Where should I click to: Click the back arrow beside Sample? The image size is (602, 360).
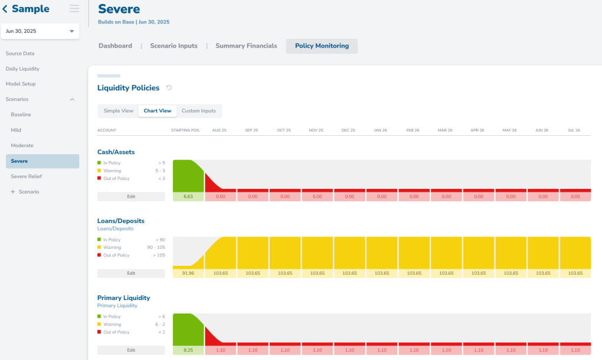pyautogui.click(x=5, y=9)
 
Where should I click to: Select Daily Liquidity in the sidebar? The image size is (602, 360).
pyautogui.click(x=22, y=69)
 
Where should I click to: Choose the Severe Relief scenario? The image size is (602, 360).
pyautogui.click(x=26, y=176)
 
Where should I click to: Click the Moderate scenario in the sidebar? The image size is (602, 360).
pyautogui.click(x=22, y=146)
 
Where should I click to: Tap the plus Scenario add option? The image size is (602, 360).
pyautogui.click(x=25, y=192)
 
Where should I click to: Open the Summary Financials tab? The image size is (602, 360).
pyautogui.click(x=246, y=46)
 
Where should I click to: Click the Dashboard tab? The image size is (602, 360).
pyautogui.click(x=115, y=46)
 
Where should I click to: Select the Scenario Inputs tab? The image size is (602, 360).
pyautogui.click(x=173, y=46)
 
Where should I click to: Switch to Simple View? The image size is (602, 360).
pyautogui.click(x=118, y=111)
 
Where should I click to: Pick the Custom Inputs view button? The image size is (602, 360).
pyautogui.click(x=199, y=111)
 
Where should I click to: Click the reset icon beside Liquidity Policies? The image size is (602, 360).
pyautogui.click(x=169, y=88)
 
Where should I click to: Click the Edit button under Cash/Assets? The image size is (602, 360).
pyautogui.click(x=131, y=196)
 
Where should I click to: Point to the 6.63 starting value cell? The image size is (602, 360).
pyautogui.click(x=188, y=196)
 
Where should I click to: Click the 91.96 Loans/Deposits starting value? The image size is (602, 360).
pyautogui.click(x=188, y=273)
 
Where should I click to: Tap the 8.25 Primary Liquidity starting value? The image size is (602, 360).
pyautogui.click(x=188, y=350)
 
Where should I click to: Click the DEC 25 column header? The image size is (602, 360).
pyautogui.click(x=348, y=130)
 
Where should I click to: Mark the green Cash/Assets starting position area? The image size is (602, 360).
pyautogui.click(x=188, y=176)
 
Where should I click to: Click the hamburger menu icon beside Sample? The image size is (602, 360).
pyautogui.click(x=75, y=8)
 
